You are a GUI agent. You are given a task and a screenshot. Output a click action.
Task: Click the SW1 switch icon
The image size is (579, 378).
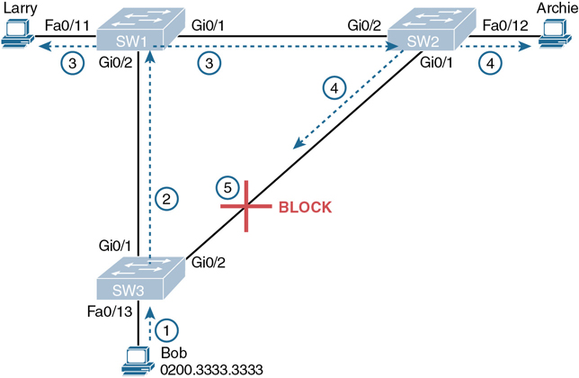pyautogui.click(x=137, y=34)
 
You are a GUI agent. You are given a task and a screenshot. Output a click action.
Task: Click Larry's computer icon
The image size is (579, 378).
pyautogui.click(x=16, y=37)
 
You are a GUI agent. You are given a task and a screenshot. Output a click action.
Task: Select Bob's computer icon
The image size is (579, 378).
pyautogui.click(x=138, y=360)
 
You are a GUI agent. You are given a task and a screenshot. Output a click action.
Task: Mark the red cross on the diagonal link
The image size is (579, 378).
pyautogui.click(x=245, y=207)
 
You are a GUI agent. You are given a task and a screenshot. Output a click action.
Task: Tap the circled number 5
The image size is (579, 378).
pyautogui.click(x=228, y=187)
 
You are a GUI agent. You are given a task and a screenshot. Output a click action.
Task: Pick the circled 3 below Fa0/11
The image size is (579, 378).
pyautogui.click(x=70, y=63)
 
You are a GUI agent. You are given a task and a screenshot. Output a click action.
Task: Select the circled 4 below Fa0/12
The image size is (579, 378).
pyautogui.click(x=491, y=64)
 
